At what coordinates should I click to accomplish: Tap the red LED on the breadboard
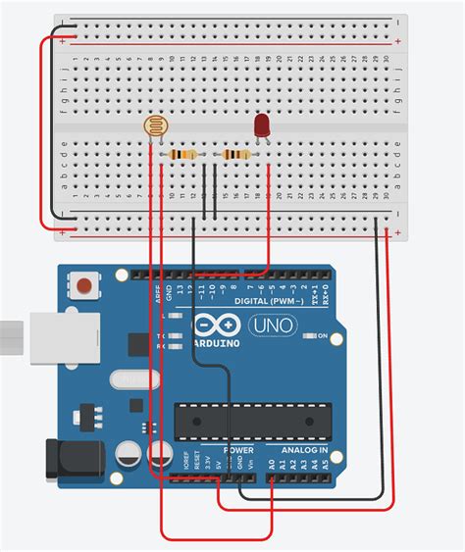tap(263, 126)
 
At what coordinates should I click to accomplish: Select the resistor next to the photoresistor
tap(182, 154)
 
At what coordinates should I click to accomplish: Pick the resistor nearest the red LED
tap(236, 154)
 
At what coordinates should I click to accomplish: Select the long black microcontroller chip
tap(250, 420)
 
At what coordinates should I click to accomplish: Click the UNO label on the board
tap(276, 325)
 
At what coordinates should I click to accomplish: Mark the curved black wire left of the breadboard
tap(44, 127)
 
